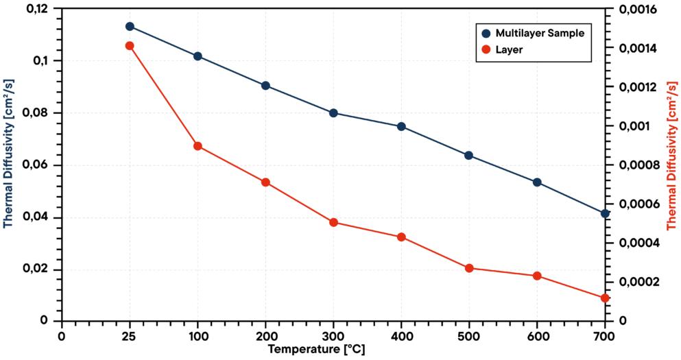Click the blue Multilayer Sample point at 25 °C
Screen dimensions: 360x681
(130, 26)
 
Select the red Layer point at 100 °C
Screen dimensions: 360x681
(198, 146)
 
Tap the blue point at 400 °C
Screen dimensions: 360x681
(401, 126)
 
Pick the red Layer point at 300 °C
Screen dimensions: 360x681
(333, 222)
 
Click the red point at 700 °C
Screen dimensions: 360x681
(605, 298)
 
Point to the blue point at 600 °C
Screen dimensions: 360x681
(537, 182)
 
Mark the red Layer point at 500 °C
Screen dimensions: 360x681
(469, 268)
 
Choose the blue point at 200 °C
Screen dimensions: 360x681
(265, 86)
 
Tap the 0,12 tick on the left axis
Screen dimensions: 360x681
(37, 9)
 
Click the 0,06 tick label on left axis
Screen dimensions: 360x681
(37, 165)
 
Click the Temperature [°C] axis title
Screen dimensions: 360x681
(316, 350)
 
